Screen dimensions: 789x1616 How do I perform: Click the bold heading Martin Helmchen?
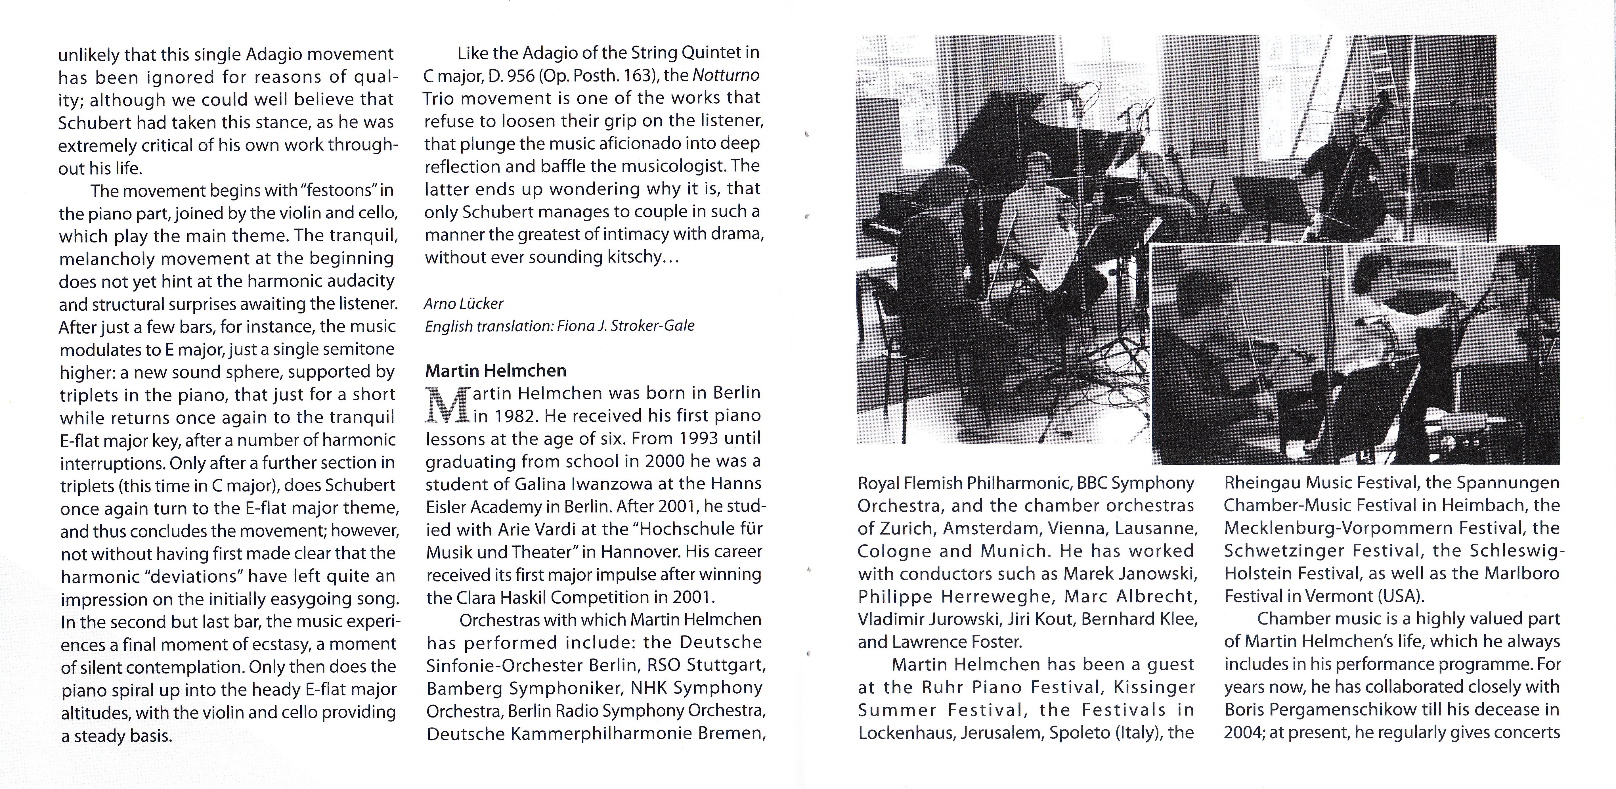[x=496, y=370]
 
